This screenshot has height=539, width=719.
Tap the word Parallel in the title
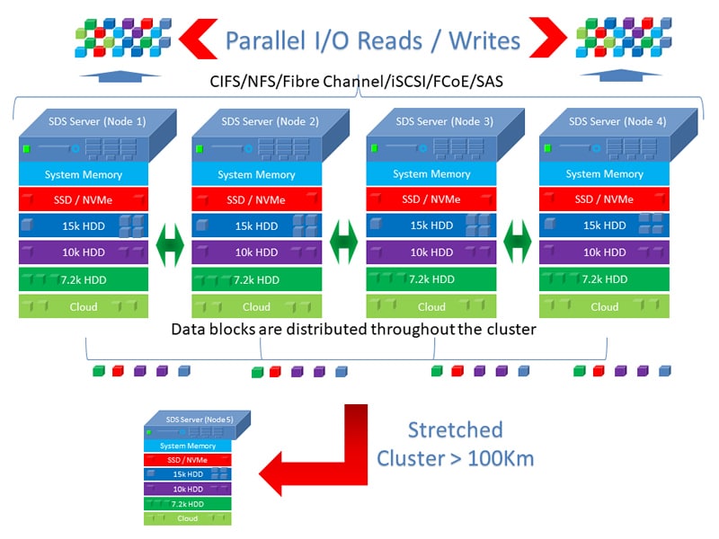pos(265,40)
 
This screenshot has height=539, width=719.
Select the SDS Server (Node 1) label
pos(97,121)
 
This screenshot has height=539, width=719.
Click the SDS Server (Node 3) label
pos(444,121)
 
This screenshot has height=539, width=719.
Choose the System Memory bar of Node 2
pos(257,174)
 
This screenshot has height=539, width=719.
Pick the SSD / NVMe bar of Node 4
pos(604,199)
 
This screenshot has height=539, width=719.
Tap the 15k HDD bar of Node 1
pos(84,225)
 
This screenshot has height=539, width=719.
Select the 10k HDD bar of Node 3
pos(431,252)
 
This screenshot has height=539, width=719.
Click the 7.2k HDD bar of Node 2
pos(257,279)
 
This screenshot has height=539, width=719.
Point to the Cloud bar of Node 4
pos(604,306)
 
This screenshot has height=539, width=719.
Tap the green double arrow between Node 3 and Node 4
pos(518,242)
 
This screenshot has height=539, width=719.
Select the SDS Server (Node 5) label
pos(200,420)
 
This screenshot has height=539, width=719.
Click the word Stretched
pos(456,430)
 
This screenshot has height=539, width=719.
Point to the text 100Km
pos(501,458)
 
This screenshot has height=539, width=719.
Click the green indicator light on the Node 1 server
pos(27,148)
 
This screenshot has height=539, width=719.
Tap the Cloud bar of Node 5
pos(188,518)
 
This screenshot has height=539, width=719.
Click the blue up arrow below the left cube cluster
pos(120,76)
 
